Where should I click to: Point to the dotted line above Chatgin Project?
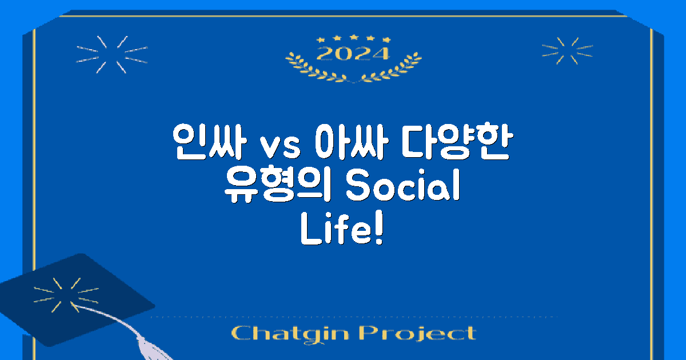point(354,316)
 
